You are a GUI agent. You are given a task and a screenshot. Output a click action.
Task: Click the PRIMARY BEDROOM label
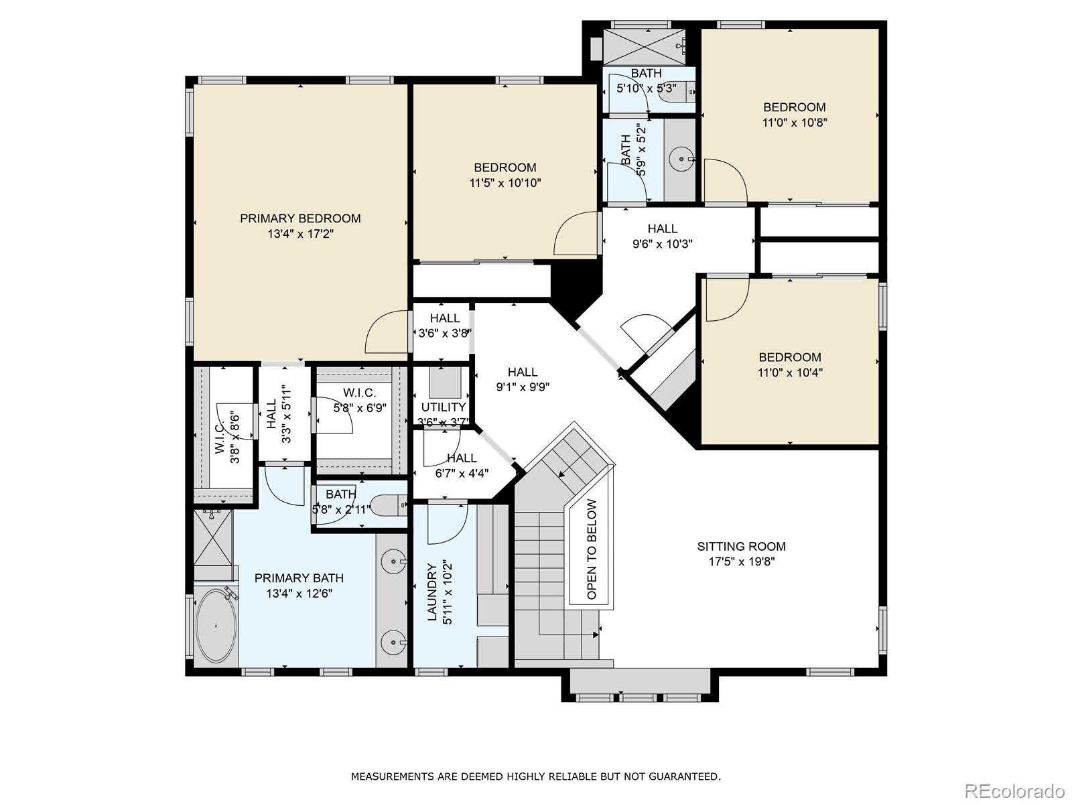click(300, 218)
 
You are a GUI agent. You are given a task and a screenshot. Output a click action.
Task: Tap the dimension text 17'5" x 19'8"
click(742, 562)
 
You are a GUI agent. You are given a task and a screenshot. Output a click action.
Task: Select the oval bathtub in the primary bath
click(216, 626)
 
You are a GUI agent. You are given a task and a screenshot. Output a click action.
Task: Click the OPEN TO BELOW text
click(592, 549)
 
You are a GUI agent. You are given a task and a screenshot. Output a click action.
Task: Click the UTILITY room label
click(443, 407)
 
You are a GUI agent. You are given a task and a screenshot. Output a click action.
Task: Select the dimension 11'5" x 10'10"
click(505, 183)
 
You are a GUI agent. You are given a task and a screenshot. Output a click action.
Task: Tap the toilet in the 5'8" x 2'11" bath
click(389, 505)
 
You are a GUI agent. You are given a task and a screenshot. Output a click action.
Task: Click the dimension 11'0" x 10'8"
click(794, 123)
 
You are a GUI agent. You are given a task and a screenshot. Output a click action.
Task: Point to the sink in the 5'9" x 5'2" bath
click(682, 159)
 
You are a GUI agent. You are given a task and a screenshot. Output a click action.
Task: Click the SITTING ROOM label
click(741, 547)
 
